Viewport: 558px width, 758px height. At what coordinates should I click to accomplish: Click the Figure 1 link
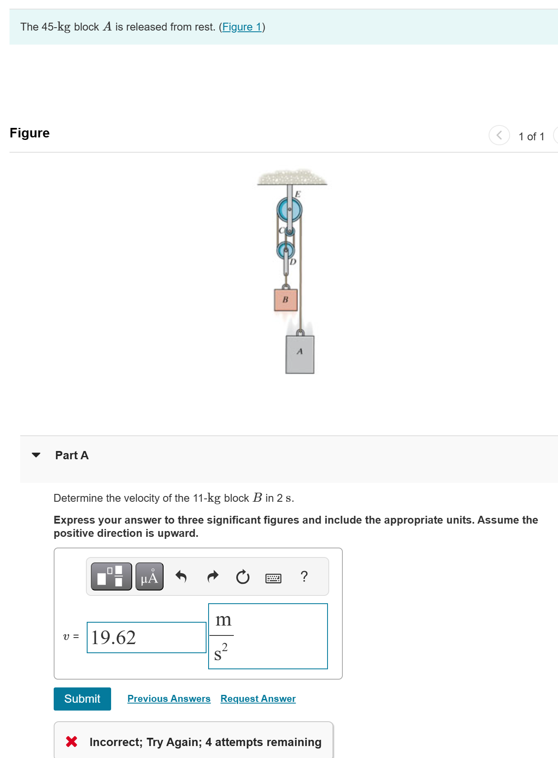pyautogui.click(x=242, y=27)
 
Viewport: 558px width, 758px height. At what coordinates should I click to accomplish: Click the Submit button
pyautogui.click(x=82, y=699)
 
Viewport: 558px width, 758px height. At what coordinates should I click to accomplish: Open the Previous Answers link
pyautogui.click(x=169, y=699)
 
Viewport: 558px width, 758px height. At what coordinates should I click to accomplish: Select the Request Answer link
pyautogui.click(x=258, y=699)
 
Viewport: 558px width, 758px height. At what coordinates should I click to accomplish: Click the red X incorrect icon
pyautogui.click(x=71, y=741)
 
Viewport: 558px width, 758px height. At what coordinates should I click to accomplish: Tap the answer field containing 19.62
pyautogui.click(x=146, y=638)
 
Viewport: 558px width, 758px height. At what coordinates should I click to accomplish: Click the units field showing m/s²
pyautogui.click(x=268, y=636)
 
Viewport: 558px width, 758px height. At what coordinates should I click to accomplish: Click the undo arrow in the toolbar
pyautogui.click(x=181, y=576)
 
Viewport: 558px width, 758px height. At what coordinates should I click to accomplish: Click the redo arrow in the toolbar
pyautogui.click(x=212, y=576)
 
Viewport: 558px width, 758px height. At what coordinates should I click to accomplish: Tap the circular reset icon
pyautogui.click(x=243, y=576)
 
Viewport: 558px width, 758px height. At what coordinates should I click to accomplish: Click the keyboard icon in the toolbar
pyautogui.click(x=273, y=578)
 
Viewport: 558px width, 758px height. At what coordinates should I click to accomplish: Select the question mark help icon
pyautogui.click(x=304, y=576)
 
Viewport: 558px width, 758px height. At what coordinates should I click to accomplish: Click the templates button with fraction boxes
pyautogui.click(x=111, y=576)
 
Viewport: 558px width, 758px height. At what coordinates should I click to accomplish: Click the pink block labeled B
pyautogui.click(x=285, y=300)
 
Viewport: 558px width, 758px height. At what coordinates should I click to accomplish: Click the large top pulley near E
pyautogui.click(x=289, y=210)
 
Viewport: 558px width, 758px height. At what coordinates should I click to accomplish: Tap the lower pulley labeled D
pyautogui.click(x=285, y=250)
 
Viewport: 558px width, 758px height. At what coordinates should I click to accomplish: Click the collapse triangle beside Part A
pyautogui.click(x=36, y=455)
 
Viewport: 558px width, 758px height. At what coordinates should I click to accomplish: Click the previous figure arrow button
pyautogui.click(x=499, y=135)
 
